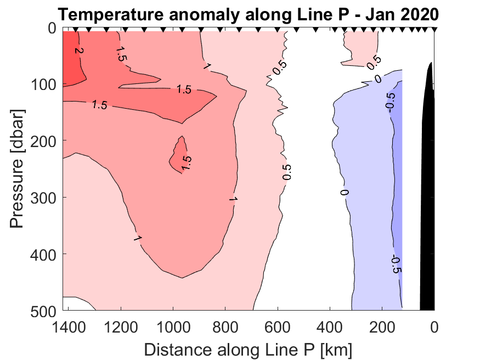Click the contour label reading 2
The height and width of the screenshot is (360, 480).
point(78,51)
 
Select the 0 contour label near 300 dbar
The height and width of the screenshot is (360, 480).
point(345,193)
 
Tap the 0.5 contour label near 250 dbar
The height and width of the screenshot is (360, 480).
point(286,172)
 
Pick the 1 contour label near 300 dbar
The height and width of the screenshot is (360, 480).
point(232,199)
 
